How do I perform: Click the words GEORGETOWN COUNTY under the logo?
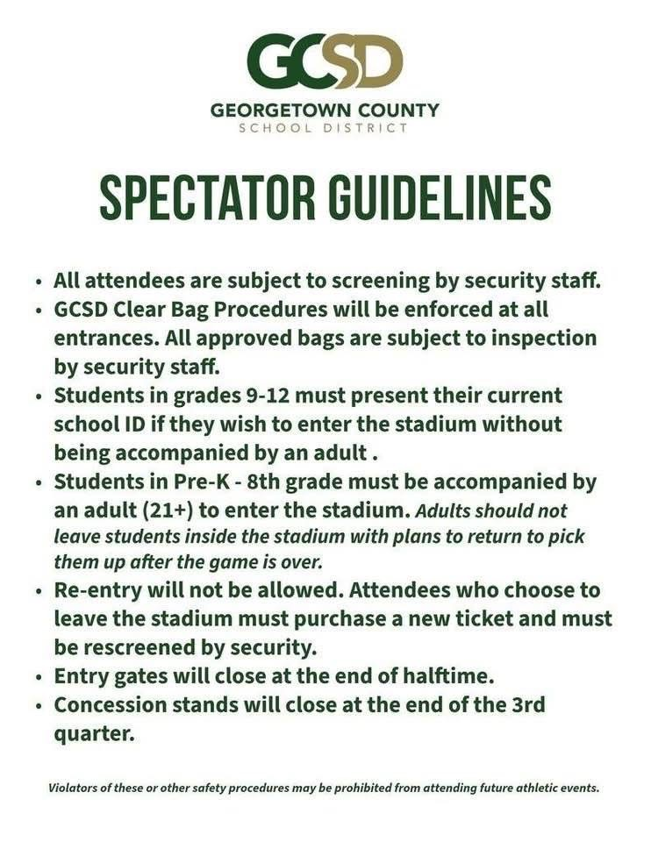[325, 111]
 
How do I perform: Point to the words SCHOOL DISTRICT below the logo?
[325, 128]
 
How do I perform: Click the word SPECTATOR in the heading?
[206, 198]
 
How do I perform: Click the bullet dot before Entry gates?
[39, 677]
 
